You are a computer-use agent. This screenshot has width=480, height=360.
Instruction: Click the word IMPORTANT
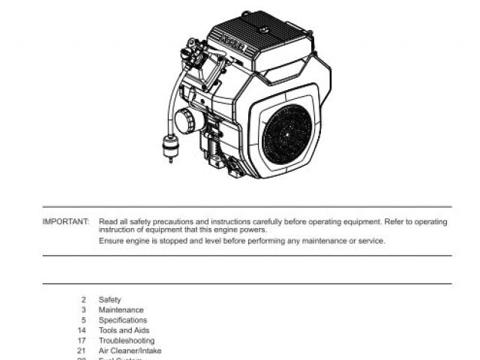tap(66, 222)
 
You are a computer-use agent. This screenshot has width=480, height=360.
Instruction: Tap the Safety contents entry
tap(109, 300)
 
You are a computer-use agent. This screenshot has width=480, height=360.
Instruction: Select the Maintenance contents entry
tap(121, 310)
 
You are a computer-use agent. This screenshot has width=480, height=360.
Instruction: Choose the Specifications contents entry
tap(123, 320)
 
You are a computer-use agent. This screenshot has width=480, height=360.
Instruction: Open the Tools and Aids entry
tap(124, 330)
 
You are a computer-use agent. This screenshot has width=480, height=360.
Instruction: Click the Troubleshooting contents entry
tap(126, 340)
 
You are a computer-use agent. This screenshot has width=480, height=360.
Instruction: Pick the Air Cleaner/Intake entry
tap(130, 350)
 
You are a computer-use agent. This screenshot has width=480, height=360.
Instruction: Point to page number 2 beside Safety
tap(84, 300)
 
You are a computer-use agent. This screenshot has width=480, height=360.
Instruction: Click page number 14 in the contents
tap(82, 330)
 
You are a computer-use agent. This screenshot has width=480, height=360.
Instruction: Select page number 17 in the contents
tap(82, 340)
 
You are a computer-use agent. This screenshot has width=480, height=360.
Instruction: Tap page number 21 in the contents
tap(82, 350)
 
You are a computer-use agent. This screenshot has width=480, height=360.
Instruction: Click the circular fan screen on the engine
tap(286, 132)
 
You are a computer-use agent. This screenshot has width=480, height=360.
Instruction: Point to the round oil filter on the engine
tap(184, 121)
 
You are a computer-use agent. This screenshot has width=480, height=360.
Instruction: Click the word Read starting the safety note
tap(107, 222)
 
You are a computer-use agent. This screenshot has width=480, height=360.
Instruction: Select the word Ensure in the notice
tap(111, 241)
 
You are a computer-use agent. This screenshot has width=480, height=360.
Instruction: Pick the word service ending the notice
tap(370, 241)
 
